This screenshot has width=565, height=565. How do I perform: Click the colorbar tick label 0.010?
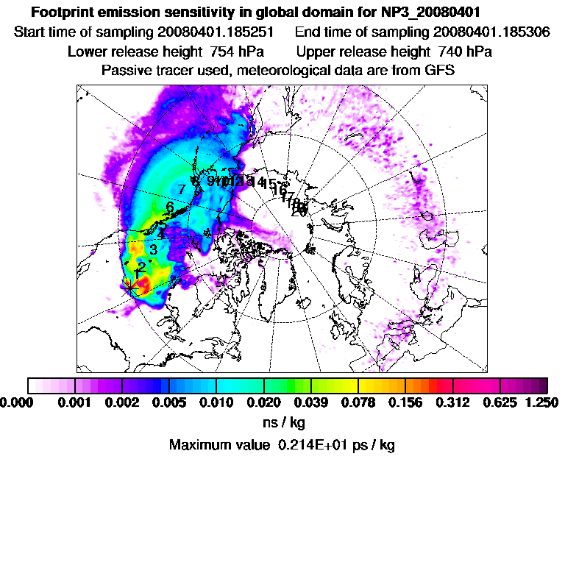[x=216, y=402]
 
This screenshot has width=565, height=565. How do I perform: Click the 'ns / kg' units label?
[x=283, y=423]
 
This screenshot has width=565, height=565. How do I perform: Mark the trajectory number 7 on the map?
[x=181, y=189]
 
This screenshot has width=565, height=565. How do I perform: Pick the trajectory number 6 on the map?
[x=170, y=207]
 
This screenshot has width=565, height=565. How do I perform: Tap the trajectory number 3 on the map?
[x=153, y=249]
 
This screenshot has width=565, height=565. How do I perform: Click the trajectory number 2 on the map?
[x=141, y=266]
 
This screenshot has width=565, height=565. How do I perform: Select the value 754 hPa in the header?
[x=232, y=51]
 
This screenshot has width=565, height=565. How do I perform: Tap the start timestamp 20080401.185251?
[x=216, y=32]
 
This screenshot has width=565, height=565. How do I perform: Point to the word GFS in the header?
[x=440, y=71]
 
